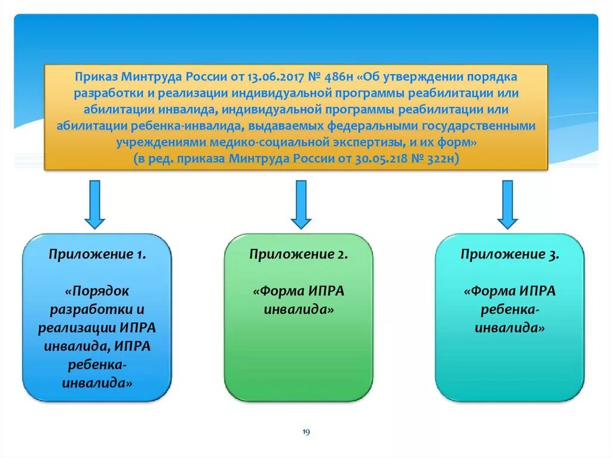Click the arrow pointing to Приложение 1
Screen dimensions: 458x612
pyautogui.click(x=94, y=204)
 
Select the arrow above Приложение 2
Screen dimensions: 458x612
pyautogui.click(x=301, y=204)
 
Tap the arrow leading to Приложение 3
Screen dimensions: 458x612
pyautogui.click(x=507, y=204)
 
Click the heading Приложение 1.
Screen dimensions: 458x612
pyautogui.click(x=97, y=254)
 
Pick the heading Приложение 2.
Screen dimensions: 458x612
pyautogui.click(x=299, y=254)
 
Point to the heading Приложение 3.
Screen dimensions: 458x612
pyautogui.click(x=510, y=254)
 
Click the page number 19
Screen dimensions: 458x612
pyautogui.click(x=306, y=432)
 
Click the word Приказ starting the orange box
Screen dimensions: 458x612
pyautogui.click(x=96, y=78)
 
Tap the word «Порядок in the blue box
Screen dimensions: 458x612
pyautogui.click(x=97, y=292)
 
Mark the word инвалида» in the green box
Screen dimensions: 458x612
pyautogui.click(x=299, y=310)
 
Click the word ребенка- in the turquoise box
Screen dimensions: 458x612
pyautogui.click(x=510, y=310)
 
